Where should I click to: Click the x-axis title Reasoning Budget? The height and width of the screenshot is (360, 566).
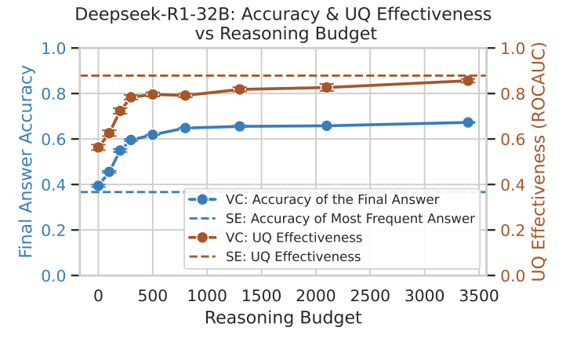point(283,318)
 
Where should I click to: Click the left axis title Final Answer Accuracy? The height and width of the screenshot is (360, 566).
point(26,162)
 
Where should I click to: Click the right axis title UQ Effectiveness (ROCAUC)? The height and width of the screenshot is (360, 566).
point(539,162)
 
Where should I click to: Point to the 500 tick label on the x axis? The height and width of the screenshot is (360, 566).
point(153,296)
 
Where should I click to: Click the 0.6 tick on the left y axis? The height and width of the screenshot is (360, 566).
point(54,139)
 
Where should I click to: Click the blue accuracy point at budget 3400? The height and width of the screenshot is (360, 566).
point(468,122)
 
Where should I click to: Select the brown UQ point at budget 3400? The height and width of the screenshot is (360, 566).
point(468,81)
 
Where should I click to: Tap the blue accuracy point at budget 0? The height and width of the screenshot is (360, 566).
point(98,186)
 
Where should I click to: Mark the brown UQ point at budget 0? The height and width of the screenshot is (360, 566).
point(98,147)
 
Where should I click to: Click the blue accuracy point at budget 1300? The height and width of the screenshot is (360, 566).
point(240,126)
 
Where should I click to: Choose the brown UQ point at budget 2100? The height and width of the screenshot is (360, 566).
point(327,87)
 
